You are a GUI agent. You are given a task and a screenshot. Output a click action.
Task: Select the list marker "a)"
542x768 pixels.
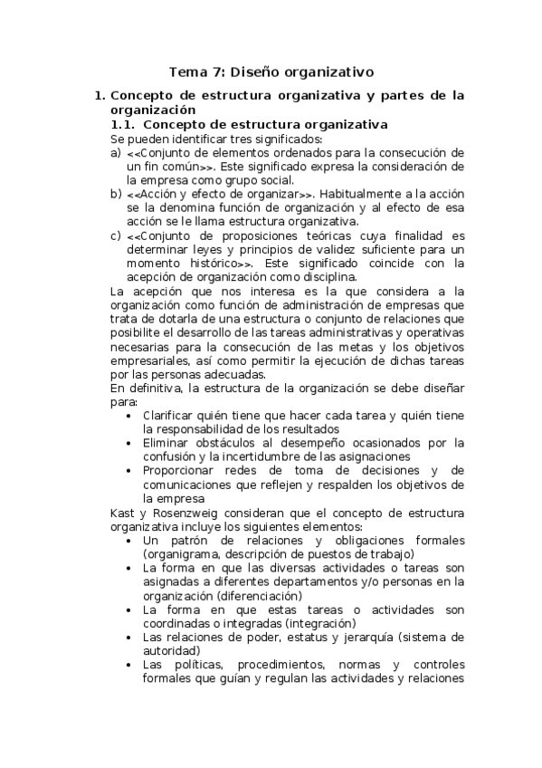(115, 153)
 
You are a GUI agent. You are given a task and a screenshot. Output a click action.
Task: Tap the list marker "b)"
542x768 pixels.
(115, 194)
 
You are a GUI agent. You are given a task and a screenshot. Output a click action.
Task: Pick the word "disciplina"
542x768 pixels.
(329, 276)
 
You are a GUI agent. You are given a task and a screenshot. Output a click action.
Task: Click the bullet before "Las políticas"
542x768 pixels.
(133, 665)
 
